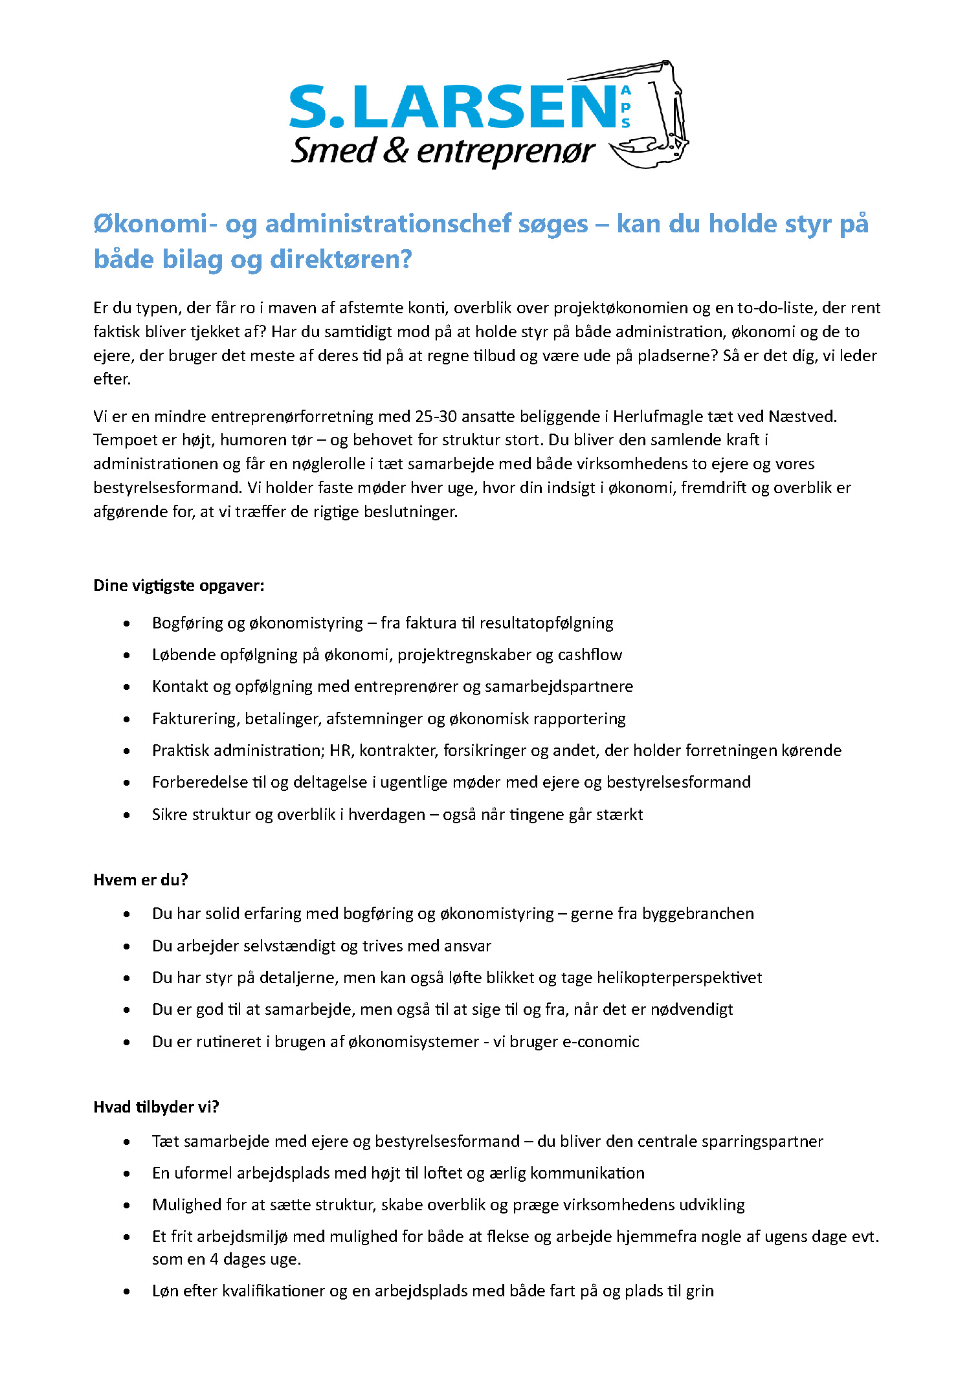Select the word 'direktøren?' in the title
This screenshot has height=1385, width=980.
click(340, 260)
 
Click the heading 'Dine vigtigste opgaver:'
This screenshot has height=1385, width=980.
click(179, 586)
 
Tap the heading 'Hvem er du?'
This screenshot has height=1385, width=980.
click(140, 880)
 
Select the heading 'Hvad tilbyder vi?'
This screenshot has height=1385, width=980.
click(156, 1107)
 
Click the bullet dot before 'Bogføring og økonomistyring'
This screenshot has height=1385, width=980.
click(127, 623)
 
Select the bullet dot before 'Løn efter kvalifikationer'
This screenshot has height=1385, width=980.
click(127, 1291)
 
